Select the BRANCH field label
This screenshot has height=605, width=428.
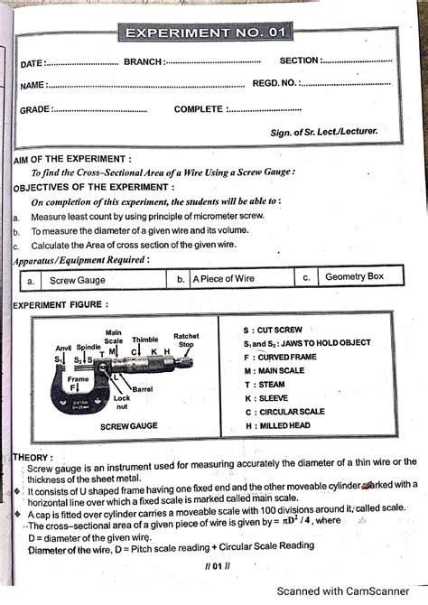click(x=144, y=61)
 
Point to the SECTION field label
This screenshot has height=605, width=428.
click(x=299, y=60)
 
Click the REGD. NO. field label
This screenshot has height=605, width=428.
click(x=274, y=83)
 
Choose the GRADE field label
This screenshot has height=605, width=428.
click(x=35, y=109)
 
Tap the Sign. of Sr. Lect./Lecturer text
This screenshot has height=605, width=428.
click(x=323, y=132)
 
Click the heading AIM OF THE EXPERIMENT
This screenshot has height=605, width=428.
click(x=73, y=159)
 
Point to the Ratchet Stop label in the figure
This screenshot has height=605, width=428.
click(x=186, y=340)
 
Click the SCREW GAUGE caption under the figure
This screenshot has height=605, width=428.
click(x=129, y=424)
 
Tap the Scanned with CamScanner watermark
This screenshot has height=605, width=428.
click(x=353, y=592)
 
